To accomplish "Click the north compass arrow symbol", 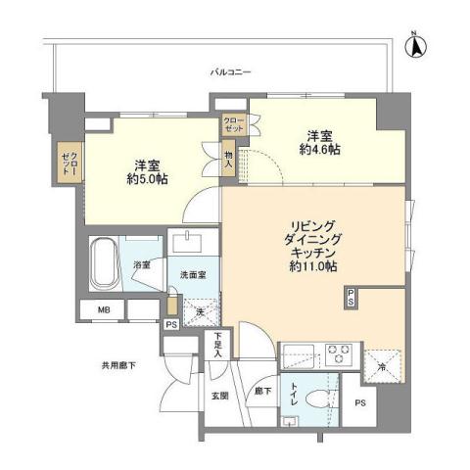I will [x=414, y=44].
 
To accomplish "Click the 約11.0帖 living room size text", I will [x=311, y=265].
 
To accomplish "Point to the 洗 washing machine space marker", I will [x=199, y=311].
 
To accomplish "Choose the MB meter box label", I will [x=102, y=312].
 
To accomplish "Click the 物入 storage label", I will [x=228, y=158].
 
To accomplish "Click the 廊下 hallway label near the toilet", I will [x=258, y=391].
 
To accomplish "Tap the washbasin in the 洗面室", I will [x=185, y=242].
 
